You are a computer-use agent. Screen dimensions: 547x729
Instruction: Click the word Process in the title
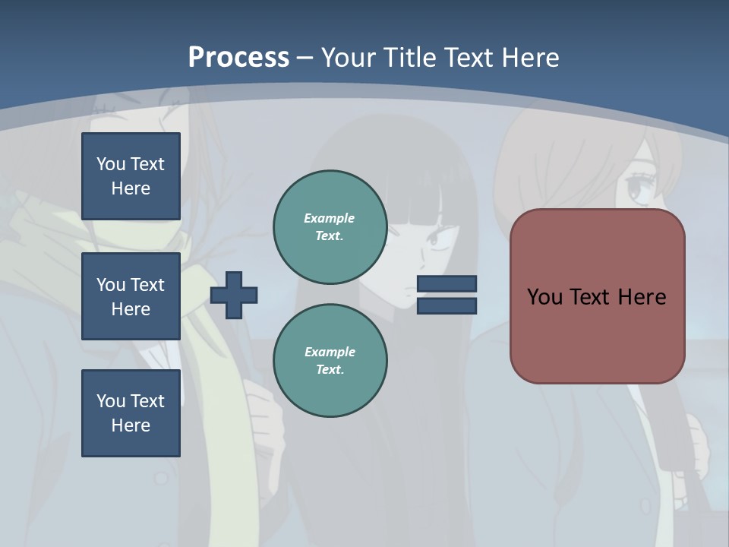(x=238, y=57)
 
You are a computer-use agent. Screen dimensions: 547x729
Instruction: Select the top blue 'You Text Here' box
(x=131, y=176)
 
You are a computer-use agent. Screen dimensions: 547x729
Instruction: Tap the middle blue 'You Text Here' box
(x=131, y=296)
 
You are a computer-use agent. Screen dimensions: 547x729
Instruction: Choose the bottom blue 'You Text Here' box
(x=131, y=413)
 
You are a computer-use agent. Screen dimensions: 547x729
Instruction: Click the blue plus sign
(x=234, y=295)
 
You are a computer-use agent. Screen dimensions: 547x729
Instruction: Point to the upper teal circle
(x=330, y=226)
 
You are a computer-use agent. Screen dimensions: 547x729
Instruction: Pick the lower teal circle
(x=330, y=360)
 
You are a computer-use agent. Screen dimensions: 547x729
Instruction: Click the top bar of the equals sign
(x=447, y=284)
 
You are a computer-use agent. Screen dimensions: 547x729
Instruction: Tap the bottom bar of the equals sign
(x=447, y=305)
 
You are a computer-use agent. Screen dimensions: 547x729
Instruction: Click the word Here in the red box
(x=642, y=297)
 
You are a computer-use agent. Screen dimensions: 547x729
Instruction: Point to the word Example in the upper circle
(x=329, y=218)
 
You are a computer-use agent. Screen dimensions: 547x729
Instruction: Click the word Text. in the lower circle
(x=330, y=369)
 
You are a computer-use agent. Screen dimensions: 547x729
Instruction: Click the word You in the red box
(x=544, y=297)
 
